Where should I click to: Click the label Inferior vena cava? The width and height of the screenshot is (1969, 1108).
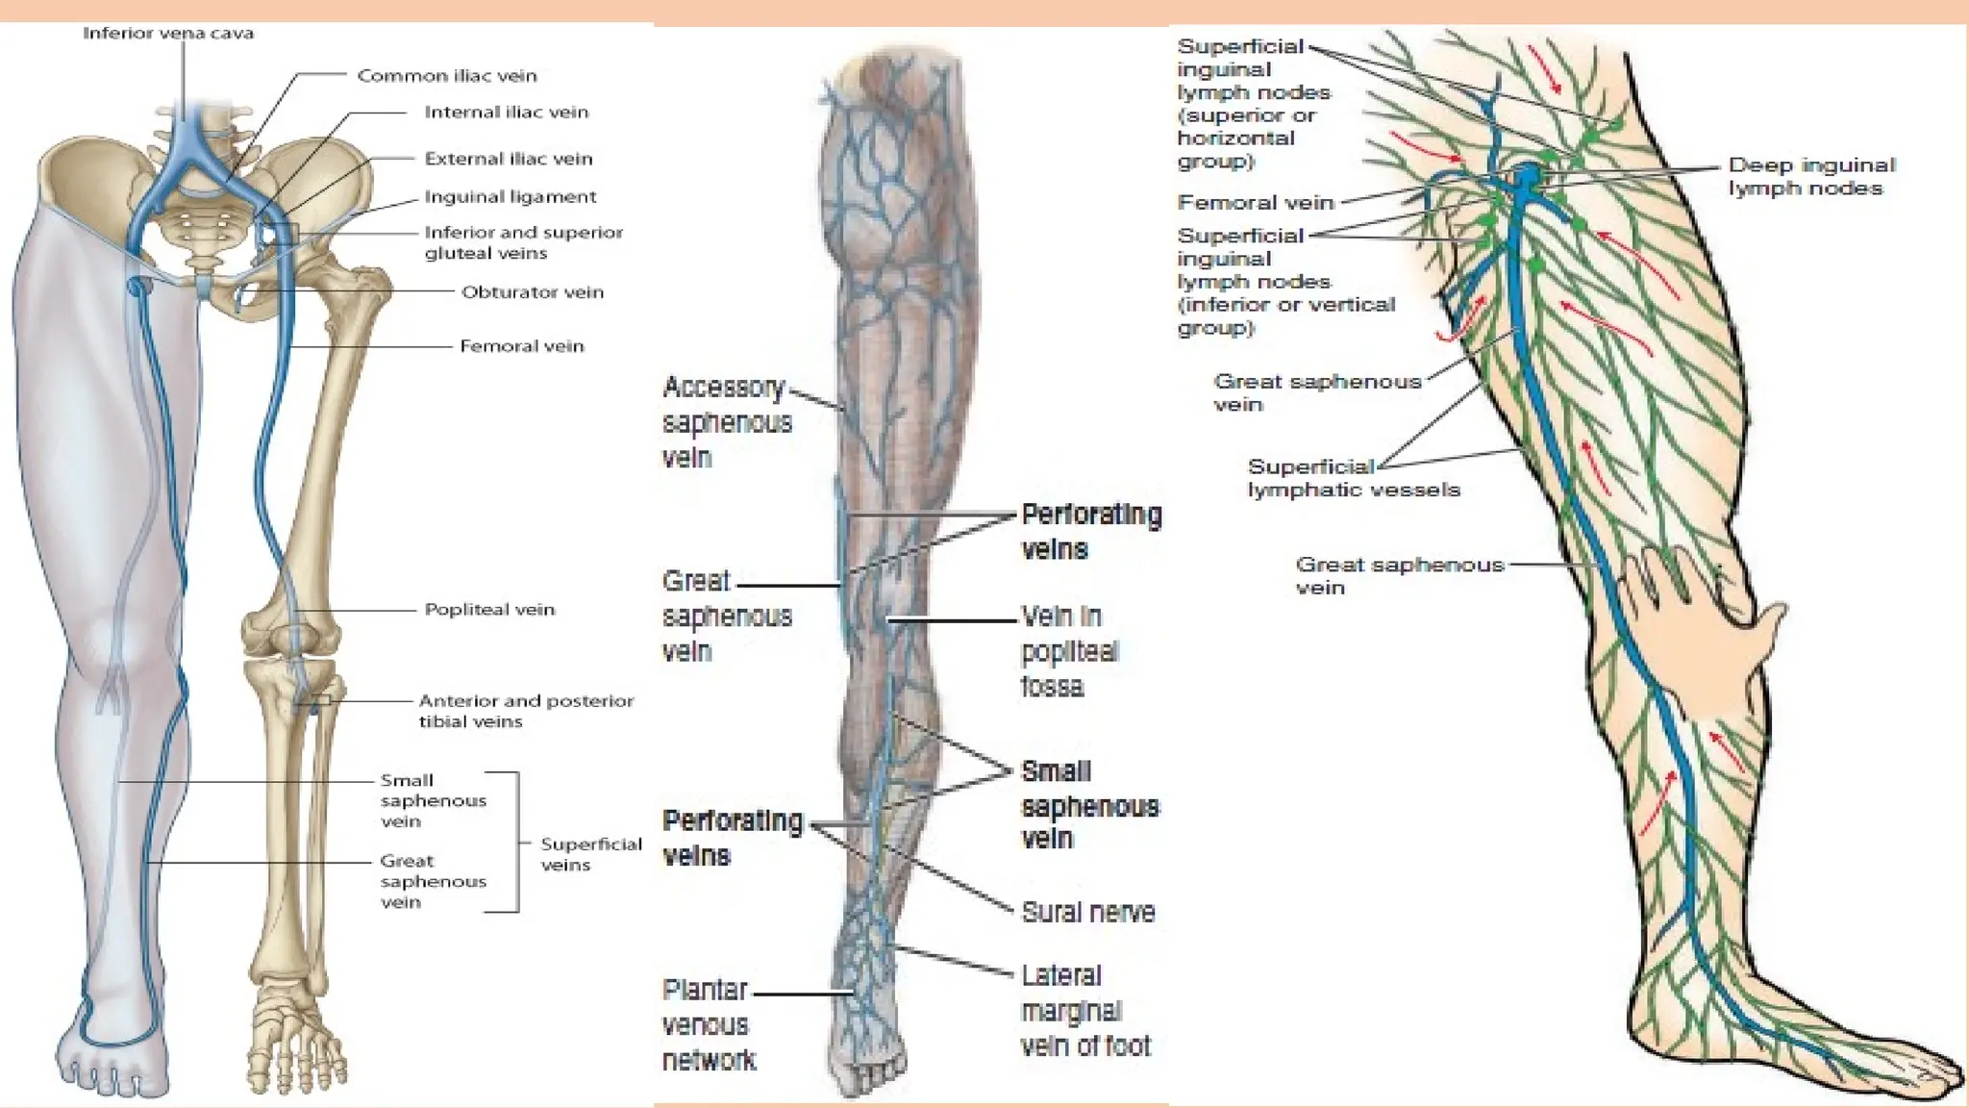pos(168,34)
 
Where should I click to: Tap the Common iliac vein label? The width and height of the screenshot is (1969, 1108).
pos(447,76)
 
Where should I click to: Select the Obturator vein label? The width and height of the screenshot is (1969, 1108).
pos(532,292)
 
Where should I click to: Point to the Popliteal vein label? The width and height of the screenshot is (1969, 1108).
pos(489,610)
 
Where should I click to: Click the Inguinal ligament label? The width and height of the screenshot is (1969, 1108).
pos(510,197)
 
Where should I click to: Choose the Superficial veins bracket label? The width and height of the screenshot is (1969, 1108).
pos(589,854)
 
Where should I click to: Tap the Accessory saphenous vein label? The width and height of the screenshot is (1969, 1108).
pos(726,422)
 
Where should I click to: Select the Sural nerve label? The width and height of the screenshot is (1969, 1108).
pos(1087,912)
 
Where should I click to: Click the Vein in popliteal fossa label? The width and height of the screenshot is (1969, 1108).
pos(1067,651)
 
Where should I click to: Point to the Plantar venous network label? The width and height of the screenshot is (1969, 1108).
pos(709,1025)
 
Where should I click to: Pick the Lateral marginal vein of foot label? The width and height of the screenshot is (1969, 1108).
pos(1084,1011)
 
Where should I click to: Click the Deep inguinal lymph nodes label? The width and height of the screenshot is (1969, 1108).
pos(1810,177)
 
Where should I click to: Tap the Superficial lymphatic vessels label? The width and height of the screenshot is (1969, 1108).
pos(1353,478)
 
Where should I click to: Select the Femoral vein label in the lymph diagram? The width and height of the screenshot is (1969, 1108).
pos(1255,203)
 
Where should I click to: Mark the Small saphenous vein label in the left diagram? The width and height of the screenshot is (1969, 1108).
pos(432,800)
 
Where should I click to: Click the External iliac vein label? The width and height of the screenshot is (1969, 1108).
pos(508,159)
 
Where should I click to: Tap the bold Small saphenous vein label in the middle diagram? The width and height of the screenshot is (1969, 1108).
pos(1088,806)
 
